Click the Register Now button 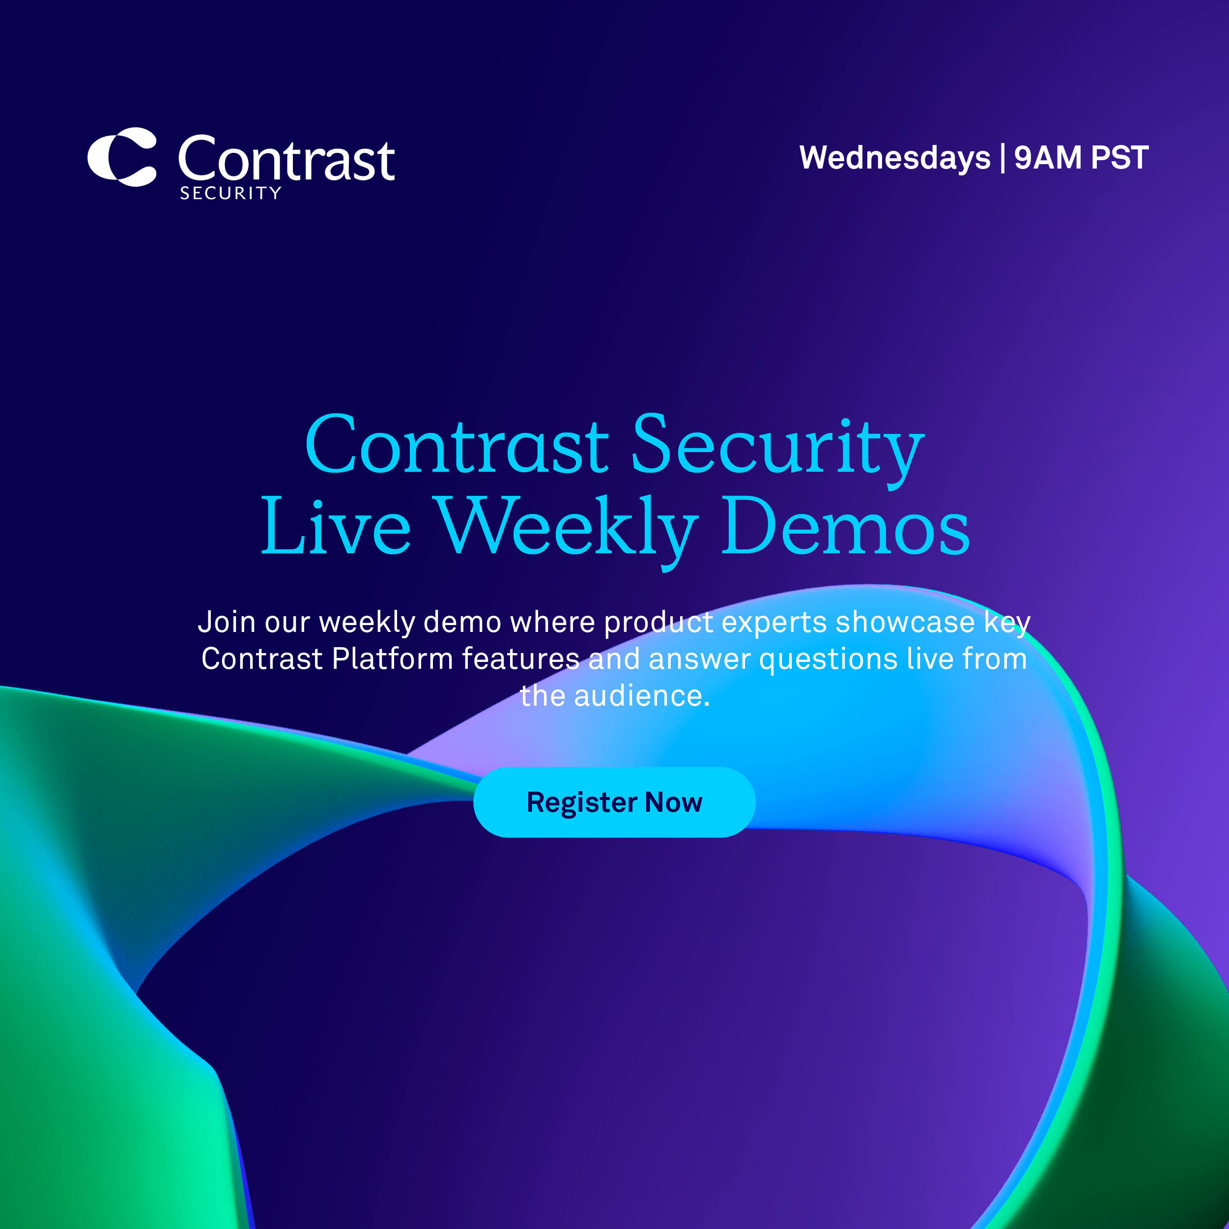click(x=614, y=802)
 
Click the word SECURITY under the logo click(x=230, y=194)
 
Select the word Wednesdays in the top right click(x=895, y=158)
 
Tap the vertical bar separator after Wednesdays click(x=1002, y=158)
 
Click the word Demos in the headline click(x=845, y=525)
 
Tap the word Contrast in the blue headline click(x=457, y=445)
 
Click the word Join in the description click(x=227, y=622)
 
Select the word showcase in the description click(x=905, y=622)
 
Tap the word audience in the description click(x=642, y=696)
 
